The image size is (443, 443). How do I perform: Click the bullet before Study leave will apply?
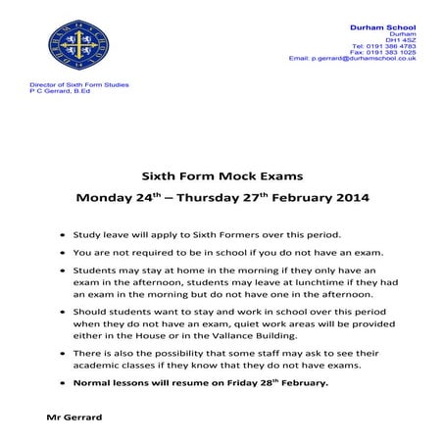[x=64, y=236]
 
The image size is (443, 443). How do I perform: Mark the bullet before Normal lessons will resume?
[x=64, y=383]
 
